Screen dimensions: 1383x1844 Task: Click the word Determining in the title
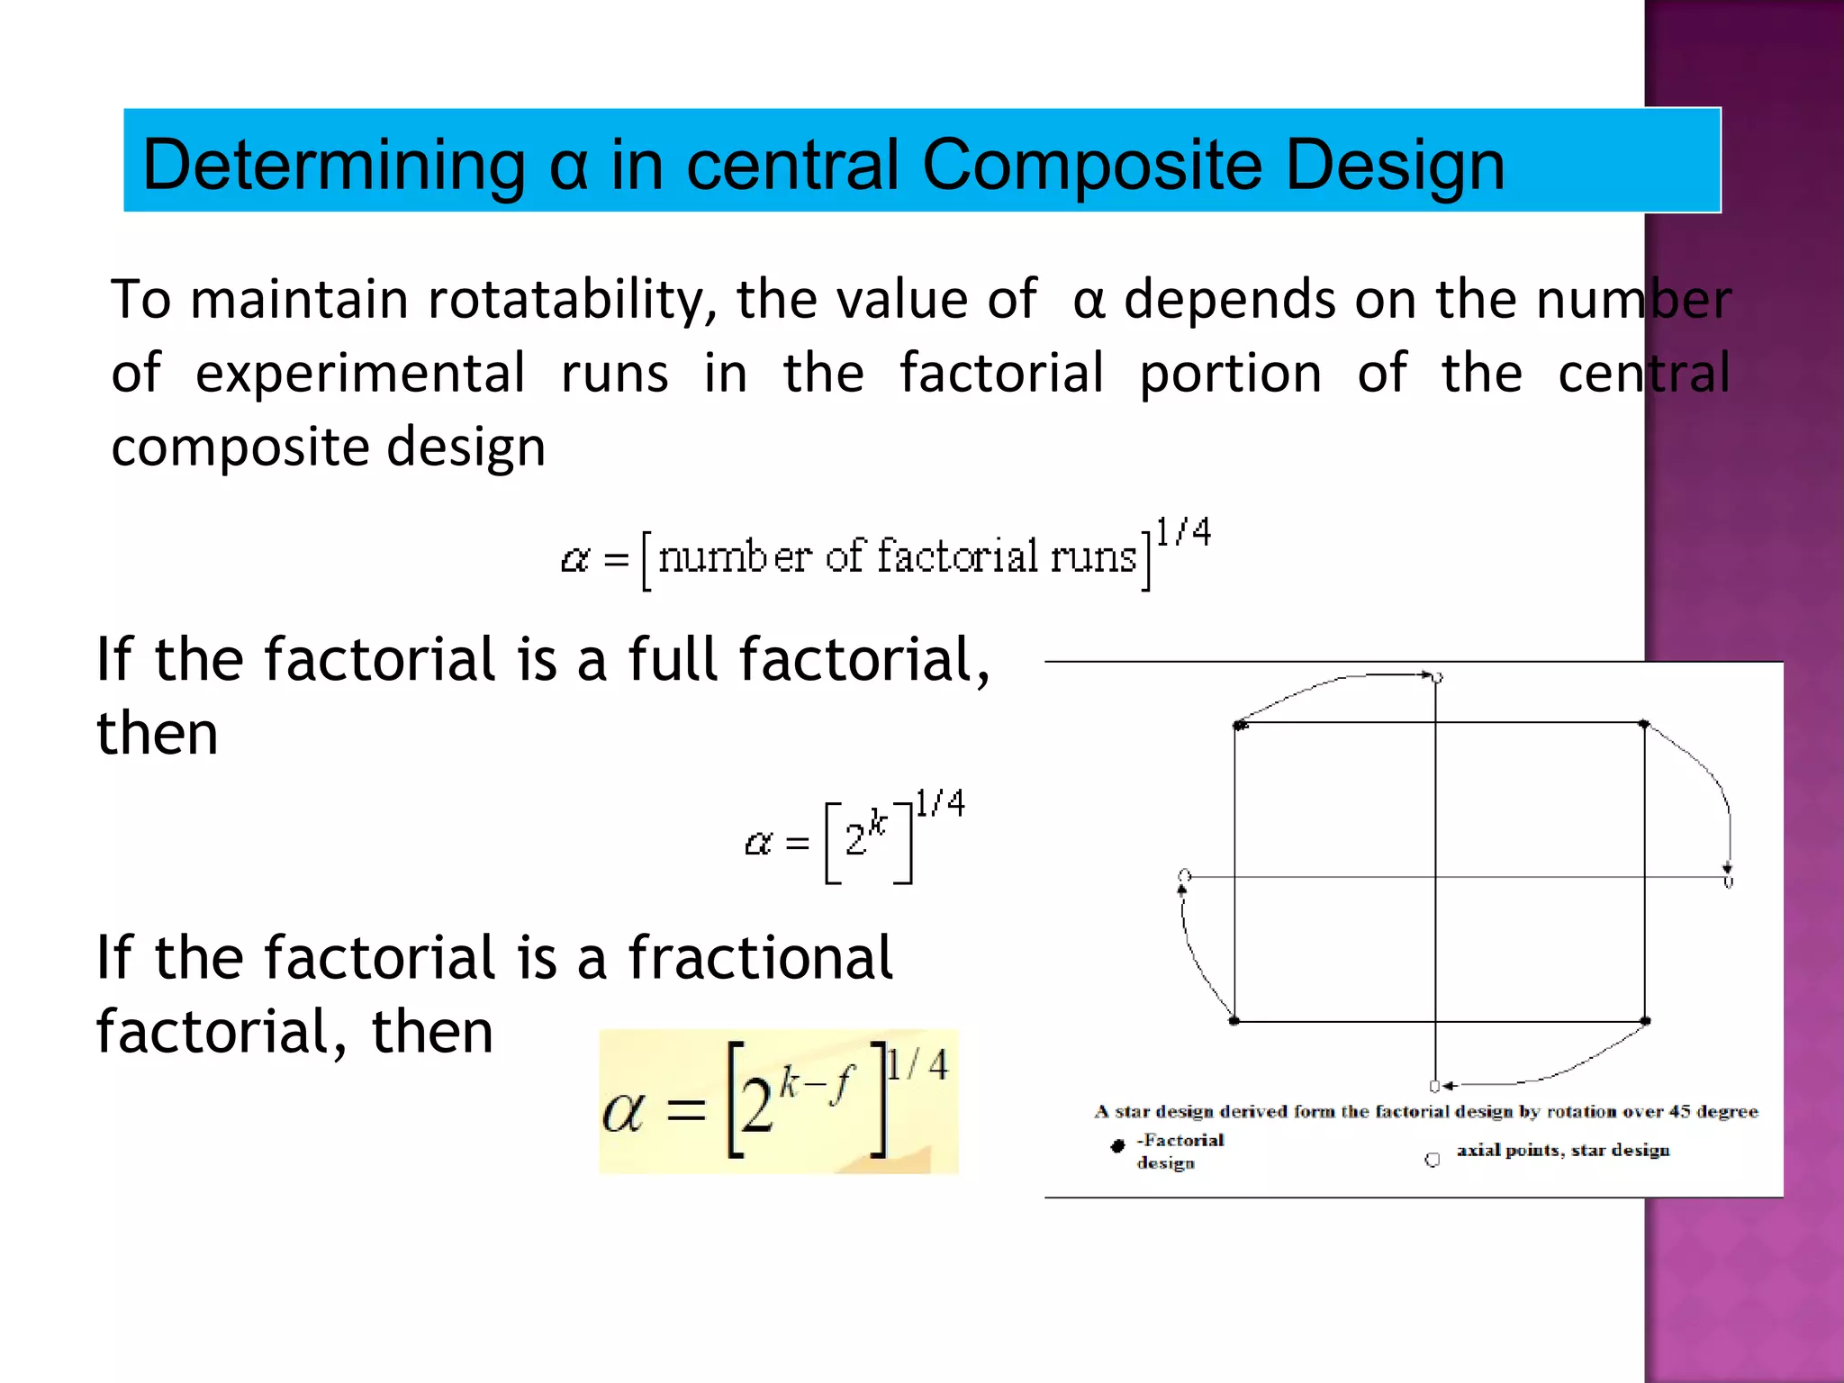[x=333, y=166]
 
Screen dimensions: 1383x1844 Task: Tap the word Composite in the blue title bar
[x=1091, y=166]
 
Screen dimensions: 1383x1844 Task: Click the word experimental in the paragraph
[x=360, y=373]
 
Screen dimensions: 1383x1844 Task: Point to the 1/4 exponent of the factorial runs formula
[x=1183, y=533]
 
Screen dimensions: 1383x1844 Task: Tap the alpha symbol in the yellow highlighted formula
[x=623, y=1111]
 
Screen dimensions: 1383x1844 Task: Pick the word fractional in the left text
[x=761, y=957]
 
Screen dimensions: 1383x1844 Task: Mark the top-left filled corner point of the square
[x=1240, y=725]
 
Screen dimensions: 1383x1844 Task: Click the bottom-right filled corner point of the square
[x=1645, y=1021]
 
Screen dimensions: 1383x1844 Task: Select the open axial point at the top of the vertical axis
[x=1438, y=678]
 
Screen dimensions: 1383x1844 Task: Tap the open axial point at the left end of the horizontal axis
[x=1185, y=875]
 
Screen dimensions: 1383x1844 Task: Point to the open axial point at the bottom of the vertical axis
[x=1435, y=1086]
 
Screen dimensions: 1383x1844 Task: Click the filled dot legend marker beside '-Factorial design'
[x=1118, y=1145]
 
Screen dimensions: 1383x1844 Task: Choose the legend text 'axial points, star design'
[x=1563, y=1150]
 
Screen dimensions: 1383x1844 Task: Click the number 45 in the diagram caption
[x=1679, y=1111]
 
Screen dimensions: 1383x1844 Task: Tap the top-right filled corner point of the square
[x=1644, y=724]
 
